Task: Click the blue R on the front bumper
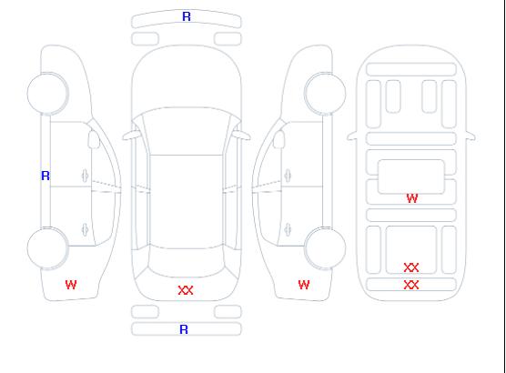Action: click(x=187, y=16)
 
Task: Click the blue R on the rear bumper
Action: click(x=184, y=329)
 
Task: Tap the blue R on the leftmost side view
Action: click(x=46, y=176)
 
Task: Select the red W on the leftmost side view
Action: click(x=71, y=285)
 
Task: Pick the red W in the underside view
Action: click(x=412, y=198)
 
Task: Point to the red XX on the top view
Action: click(x=186, y=290)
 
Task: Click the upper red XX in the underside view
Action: click(x=411, y=267)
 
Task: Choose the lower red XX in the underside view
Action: click(x=411, y=285)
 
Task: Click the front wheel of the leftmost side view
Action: click(x=47, y=94)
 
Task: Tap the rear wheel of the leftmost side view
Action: click(x=47, y=248)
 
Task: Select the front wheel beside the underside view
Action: click(x=325, y=94)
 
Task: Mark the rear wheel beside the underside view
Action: click(x=325, y=248)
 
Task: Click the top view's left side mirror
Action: click(x=131, y=136)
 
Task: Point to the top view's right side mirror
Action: click(x=242, y=136)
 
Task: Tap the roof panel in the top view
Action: click(x=187, y=202)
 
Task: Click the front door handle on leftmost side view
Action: click(x=86, y=176)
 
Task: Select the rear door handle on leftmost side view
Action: click(x=86, y=229)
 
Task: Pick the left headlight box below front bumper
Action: click(x=146, y=39)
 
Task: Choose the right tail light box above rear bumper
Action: click(x=228, y=312)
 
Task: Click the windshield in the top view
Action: click(x=187, y=131)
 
